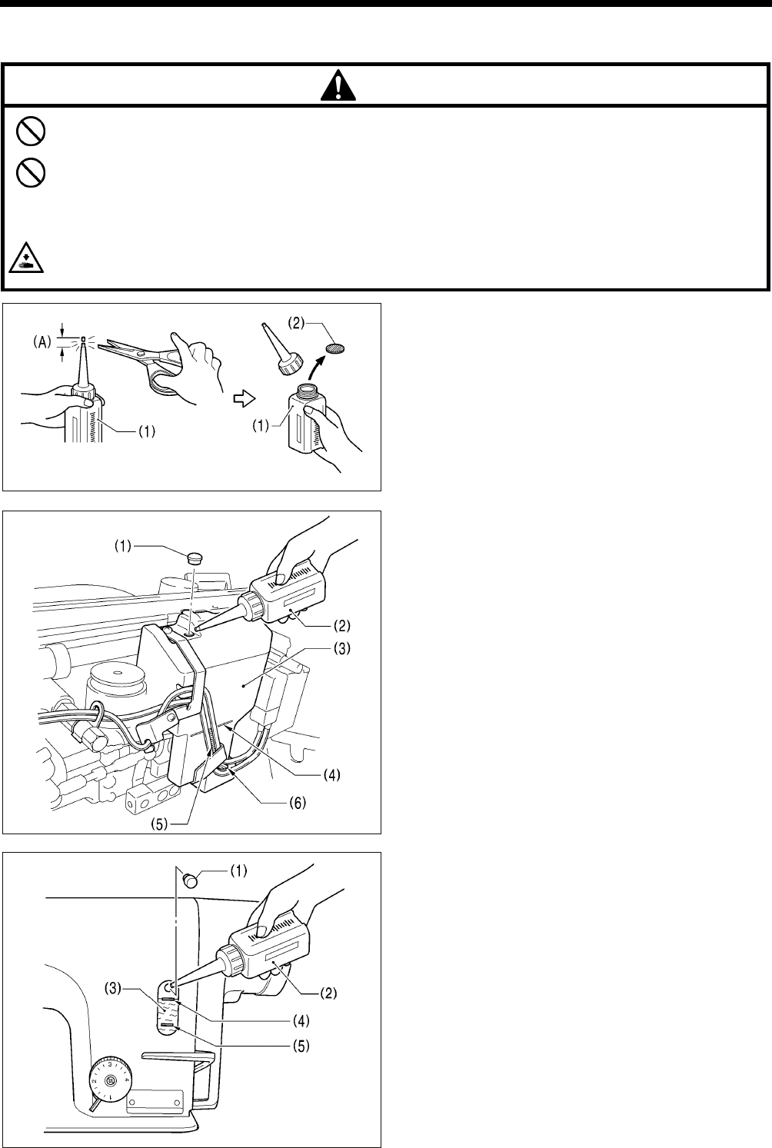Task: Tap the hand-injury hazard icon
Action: [27, 261]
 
